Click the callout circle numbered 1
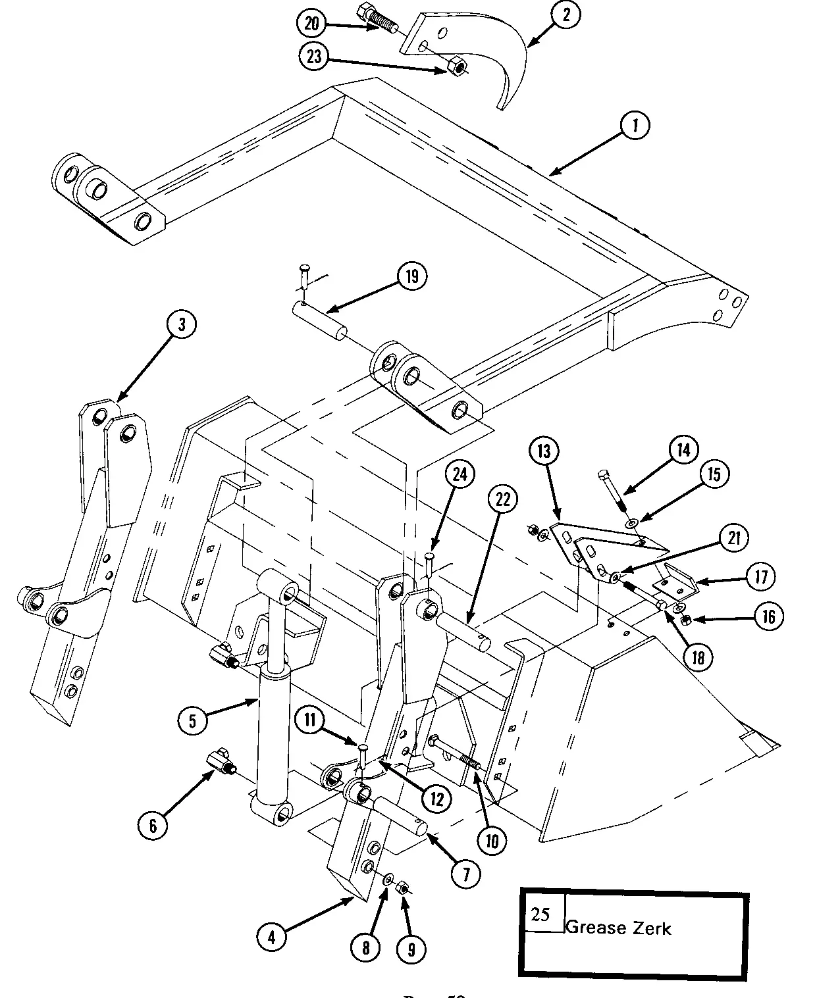[x=635, y=126]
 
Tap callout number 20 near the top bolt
[x=311, y=24]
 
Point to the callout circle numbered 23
[x=314, y=56]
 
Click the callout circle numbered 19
[x=411, y=276]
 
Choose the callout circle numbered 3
[x=181, y=324]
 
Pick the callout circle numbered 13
[x=544, y=452]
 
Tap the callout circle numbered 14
[x=683, y=450]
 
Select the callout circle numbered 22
[x=503, y=500]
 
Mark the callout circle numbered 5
[x=192, y=721]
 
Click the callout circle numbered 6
[x=153, y=824]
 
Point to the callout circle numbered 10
[x=492, y=840]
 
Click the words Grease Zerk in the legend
[x=618, y=928]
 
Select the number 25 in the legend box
[x=540, y=914]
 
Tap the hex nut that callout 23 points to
[x=456, y=66]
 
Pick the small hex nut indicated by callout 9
[x=404, y=889]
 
